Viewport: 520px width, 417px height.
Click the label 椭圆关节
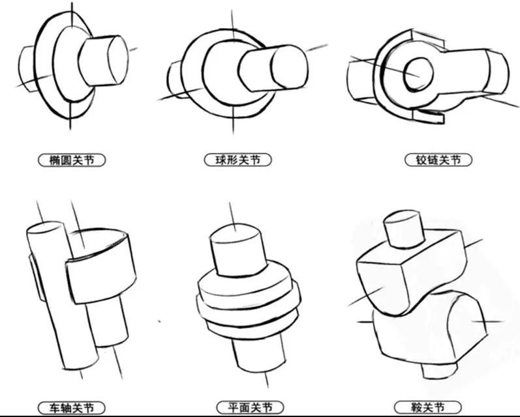pos(72,160)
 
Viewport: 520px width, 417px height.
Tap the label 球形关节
pos(237,160)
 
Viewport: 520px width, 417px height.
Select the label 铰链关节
pos(438,160)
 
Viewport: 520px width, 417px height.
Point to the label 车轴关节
pos(72,408)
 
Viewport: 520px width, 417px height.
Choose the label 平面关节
pos(250,407)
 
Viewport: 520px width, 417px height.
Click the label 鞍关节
pos(428,407)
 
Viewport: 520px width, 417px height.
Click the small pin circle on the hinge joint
pos(418,74)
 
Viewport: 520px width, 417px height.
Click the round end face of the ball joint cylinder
pos(289,67)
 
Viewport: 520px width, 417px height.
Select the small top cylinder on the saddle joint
pos(404,229)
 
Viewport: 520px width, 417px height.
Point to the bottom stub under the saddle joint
pos(439,371)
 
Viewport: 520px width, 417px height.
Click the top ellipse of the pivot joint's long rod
pos(45,227)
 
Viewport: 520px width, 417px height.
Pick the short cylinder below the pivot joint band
pos(108,321)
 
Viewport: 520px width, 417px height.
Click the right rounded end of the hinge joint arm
pos(497,73)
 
